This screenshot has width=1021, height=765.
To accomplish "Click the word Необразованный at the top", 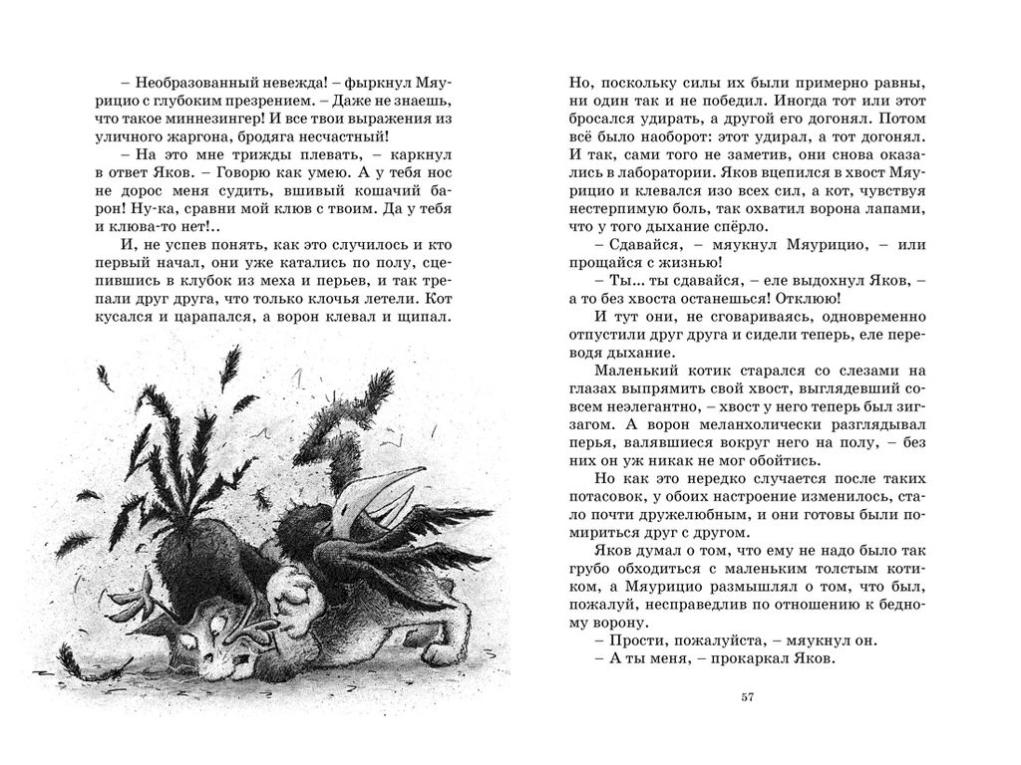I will pos(182,84).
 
